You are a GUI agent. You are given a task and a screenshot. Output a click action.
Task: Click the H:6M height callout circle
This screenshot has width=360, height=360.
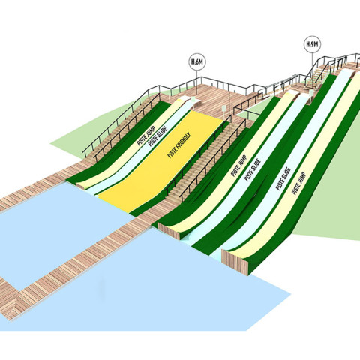coord(197,61)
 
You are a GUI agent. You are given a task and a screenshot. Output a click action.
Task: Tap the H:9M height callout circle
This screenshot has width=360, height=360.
coord(312,44)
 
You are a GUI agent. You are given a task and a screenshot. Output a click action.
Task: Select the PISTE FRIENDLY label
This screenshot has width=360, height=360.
coord(179,145)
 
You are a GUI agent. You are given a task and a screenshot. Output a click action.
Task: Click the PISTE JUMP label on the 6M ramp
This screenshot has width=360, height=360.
coord(146,136)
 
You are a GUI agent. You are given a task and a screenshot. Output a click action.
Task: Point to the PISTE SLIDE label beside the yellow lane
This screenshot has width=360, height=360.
coord(157,136)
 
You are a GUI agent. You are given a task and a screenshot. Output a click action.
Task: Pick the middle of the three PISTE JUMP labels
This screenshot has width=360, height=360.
coord(239,166)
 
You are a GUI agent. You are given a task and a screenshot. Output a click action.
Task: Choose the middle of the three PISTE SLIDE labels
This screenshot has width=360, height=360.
coord(253,170)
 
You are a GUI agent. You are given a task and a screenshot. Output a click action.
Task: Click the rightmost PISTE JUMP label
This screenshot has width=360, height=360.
coord(298,184)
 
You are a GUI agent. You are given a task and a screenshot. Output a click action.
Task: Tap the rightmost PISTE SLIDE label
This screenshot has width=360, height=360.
coord(283,178)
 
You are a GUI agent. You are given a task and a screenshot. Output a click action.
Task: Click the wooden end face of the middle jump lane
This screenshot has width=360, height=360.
coord(169,231)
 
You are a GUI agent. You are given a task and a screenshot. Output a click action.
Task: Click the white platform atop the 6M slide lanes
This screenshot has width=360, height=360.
coord(194,101)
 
